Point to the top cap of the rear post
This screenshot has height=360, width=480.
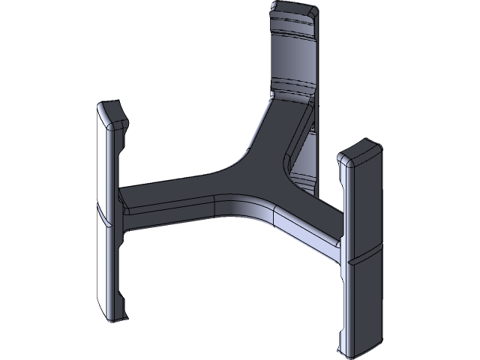click(x=294, y=10)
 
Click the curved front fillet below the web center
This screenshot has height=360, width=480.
click(x=247, y=209)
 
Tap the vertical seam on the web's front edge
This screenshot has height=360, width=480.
click(x=216, y=206)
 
